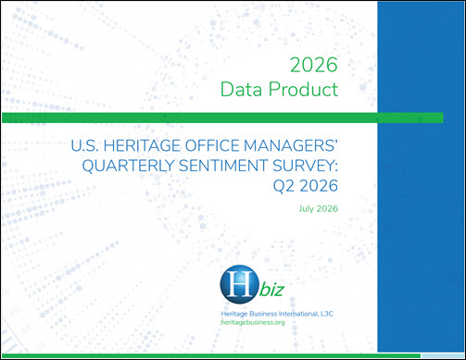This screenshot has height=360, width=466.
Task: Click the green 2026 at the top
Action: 314,65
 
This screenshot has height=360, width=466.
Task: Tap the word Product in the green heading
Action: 303,90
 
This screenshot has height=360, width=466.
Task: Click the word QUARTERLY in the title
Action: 128,166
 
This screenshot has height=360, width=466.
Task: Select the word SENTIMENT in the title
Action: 223,166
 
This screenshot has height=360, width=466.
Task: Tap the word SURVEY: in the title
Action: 305,166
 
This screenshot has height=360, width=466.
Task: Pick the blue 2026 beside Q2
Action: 319,186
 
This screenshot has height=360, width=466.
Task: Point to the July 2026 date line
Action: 319,209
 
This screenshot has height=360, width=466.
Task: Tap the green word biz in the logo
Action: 271,290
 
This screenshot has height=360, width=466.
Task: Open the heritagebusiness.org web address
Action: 253,322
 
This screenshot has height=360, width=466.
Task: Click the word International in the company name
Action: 298,314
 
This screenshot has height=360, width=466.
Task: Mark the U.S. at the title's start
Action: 85,145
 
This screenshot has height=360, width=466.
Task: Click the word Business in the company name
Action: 263,314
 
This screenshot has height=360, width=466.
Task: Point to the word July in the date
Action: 306,209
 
